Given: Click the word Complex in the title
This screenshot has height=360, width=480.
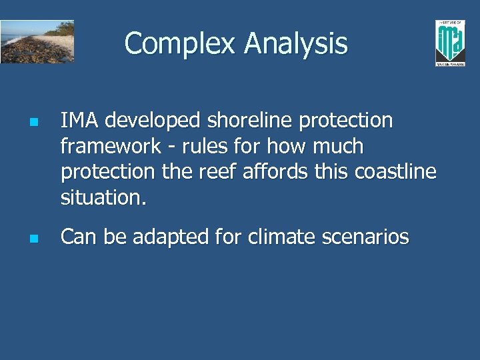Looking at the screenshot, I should point(181,44).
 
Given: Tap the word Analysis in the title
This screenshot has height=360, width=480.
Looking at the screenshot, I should point(295,44).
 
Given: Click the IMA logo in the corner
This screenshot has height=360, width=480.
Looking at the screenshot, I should point(450,43).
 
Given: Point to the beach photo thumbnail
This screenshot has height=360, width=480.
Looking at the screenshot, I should point(37,41).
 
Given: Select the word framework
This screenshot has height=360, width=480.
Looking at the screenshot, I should point(111,146).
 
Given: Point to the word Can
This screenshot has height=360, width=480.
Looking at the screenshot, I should point(77,237).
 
